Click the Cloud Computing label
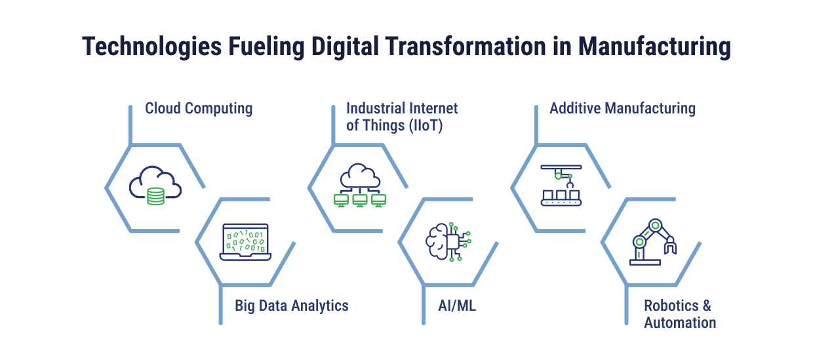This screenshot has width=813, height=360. coord(199,108)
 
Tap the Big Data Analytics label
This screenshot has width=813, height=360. coord(292,306)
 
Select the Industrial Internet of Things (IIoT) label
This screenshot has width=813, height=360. coord(402,117)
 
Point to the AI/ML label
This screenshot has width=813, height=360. coord(457,306)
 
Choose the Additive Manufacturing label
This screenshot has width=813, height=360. coord(622,108)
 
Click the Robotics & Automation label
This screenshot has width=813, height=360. coord(679,314)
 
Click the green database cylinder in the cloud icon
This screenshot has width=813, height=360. coord(155,196)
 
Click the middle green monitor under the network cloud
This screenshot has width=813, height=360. coord(359,199)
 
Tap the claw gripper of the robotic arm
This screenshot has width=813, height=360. coord(671,247)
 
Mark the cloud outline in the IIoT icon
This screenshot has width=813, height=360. coord(359,175)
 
